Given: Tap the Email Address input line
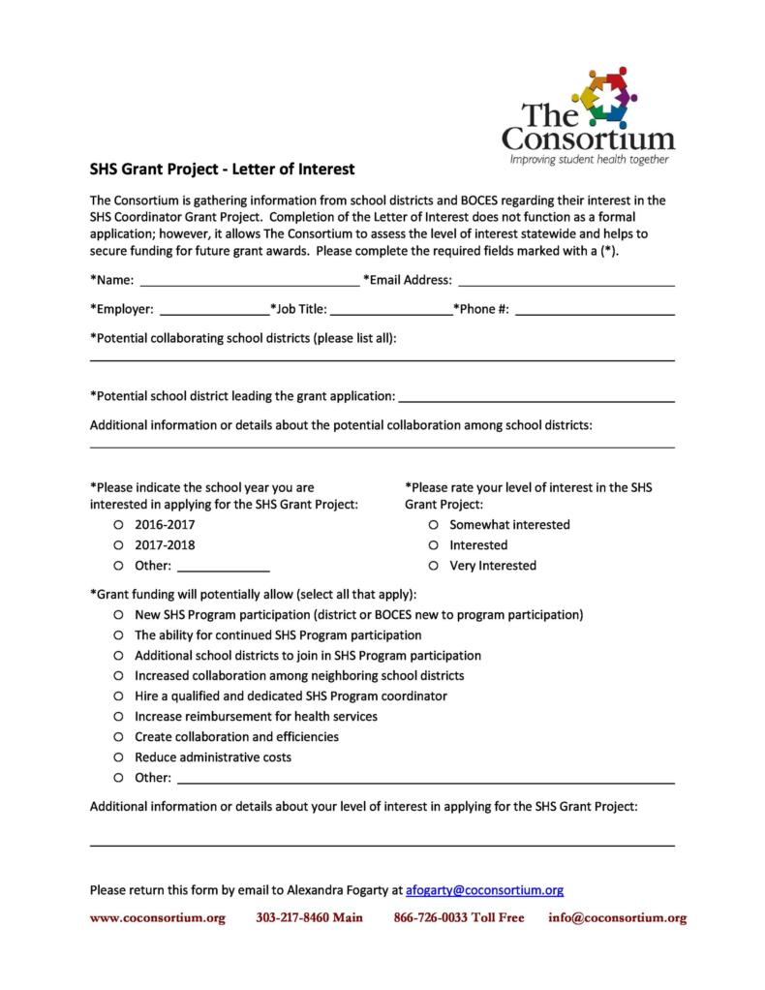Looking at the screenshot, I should point(566,283).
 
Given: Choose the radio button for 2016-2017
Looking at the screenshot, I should point(117,524).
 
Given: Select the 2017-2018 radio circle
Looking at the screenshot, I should point(117,544).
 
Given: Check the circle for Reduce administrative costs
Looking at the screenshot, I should point(117,757).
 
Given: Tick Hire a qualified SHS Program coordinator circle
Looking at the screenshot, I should point(117,696).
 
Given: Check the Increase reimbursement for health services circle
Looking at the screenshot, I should point(117,716).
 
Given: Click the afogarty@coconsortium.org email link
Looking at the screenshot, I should point(484,889).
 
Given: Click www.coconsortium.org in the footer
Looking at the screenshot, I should point(157,917).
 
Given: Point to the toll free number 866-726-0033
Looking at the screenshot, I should point(458,917).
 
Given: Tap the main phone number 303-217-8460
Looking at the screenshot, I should point(309,917).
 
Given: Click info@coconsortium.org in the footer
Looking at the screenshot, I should point(617,917).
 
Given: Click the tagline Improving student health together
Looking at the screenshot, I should point(589,158).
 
